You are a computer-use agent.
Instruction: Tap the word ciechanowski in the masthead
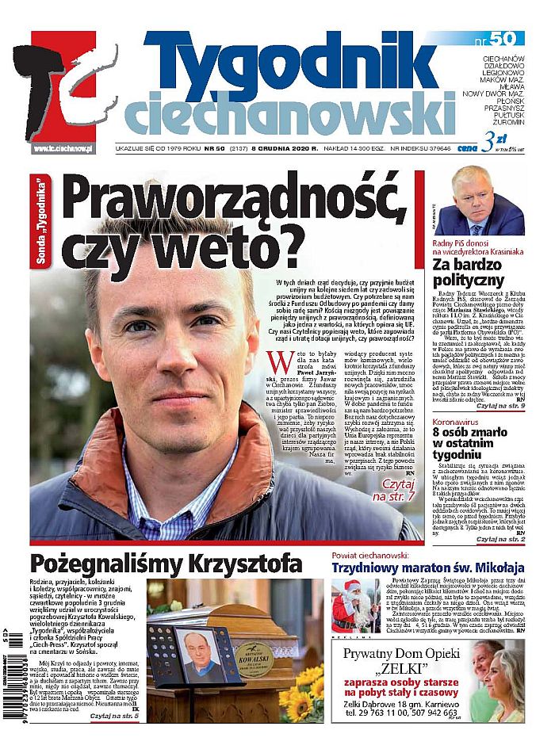tap(289, 116)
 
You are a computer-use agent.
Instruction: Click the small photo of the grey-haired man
tap(479, 201)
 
